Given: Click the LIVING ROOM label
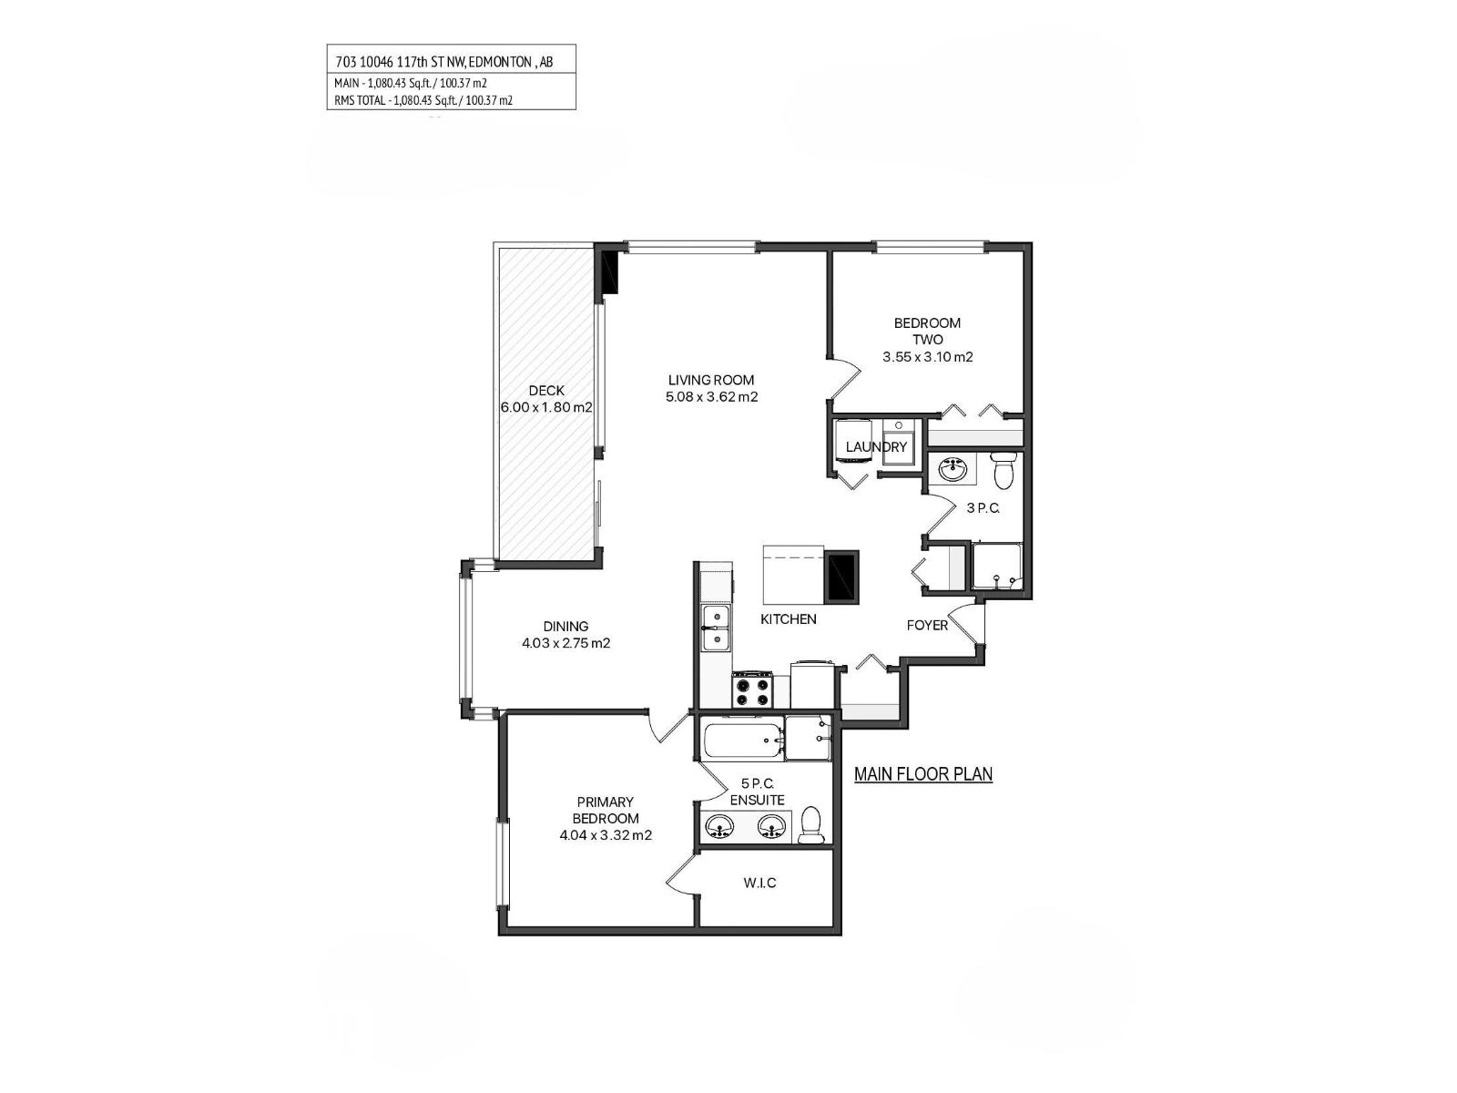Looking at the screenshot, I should [711, 380].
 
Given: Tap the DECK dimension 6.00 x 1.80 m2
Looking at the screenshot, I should [546, 407].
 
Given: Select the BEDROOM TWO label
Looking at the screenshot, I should [927, 331].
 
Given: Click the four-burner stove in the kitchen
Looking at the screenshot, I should [752, 690].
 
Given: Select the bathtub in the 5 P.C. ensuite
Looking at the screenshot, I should [742, 740].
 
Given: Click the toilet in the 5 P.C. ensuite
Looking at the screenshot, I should [811, 824].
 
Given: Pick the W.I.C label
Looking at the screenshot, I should [759, 883].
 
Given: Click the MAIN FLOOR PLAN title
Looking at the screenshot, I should [922, 774].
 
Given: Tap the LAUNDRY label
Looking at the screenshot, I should [876, 446].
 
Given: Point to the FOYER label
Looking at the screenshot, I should [927, 625].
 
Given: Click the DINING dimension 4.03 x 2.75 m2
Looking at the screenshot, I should [565, 643].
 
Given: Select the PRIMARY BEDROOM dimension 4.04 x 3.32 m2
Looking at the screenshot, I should [606, 834].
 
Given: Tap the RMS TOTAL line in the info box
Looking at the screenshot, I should [423, 100].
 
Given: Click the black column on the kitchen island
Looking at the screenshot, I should [841, 577].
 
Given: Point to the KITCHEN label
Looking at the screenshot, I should [789, 618].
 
